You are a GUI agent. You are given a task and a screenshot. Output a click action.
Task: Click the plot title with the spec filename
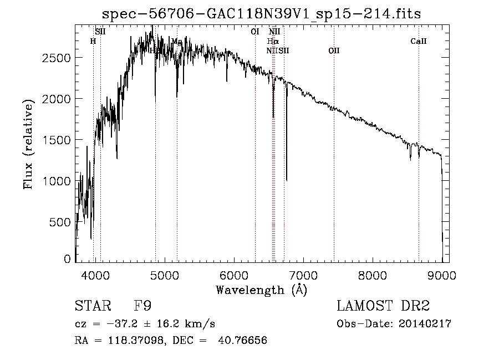[x=262, y=14]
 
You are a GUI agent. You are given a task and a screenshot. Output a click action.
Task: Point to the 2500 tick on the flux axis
[x=56, y=58]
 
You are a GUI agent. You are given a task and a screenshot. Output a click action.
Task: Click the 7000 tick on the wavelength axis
[x=303, y=275]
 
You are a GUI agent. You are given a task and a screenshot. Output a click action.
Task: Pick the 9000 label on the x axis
[x=442, y=275]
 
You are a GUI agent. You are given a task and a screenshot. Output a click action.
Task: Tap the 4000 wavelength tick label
[x=95, y=275]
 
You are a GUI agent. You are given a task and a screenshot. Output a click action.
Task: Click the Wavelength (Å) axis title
[x=261, y=290]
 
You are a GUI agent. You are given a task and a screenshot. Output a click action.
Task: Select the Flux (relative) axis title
[x=28, y=144]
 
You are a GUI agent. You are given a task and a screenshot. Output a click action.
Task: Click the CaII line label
[x=419, y=41]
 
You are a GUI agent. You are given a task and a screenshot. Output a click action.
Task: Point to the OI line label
[x=255, y=32]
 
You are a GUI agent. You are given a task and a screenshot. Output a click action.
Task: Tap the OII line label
[x=334, y=51]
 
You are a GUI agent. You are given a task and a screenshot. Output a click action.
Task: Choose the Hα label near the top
[x=272, y=41]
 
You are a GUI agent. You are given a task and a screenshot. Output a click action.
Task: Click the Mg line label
[x=177, y=42]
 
